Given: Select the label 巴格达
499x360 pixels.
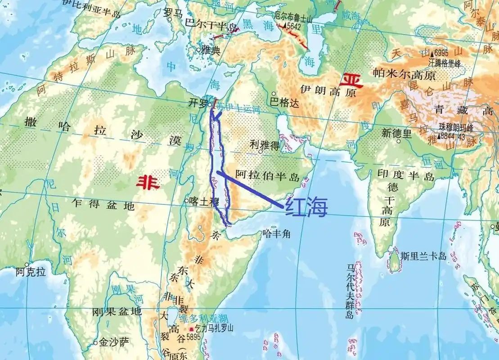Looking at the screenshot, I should (x=284, y=103).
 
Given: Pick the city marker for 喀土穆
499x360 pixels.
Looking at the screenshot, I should (x=187, y=201).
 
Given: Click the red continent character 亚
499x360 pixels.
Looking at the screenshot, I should (x=351, y=80).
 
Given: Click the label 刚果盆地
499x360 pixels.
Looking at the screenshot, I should (x=117, y=311).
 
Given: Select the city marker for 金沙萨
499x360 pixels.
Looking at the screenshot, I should (x=95, y=343).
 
